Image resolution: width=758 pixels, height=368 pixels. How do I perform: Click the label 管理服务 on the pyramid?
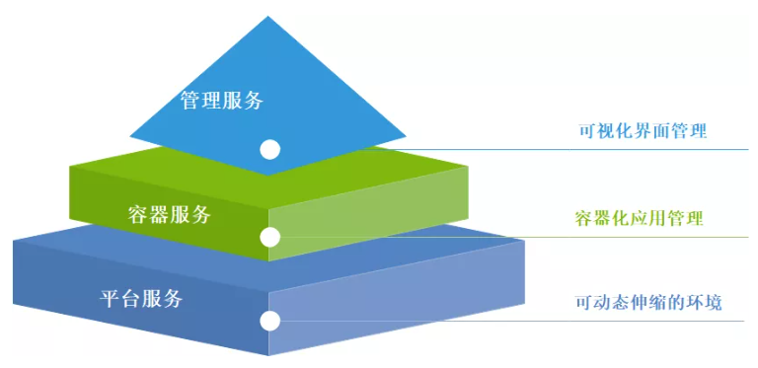click(x=222, y=101)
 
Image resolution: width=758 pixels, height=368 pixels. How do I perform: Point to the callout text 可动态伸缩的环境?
click(x=648, y=301)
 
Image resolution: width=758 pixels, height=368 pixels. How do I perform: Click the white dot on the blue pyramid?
click(x=269, y=150)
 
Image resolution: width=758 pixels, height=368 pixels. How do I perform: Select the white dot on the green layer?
click(x=269, y=237)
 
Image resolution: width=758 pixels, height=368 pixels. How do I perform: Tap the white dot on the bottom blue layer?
click(x=269, y=321)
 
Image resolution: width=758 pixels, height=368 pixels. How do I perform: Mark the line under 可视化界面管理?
click(x=592, y=150)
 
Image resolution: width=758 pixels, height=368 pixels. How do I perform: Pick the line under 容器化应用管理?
click(x=592, y=237)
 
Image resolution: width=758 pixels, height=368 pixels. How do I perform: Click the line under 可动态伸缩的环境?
click(x=592, y=321)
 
